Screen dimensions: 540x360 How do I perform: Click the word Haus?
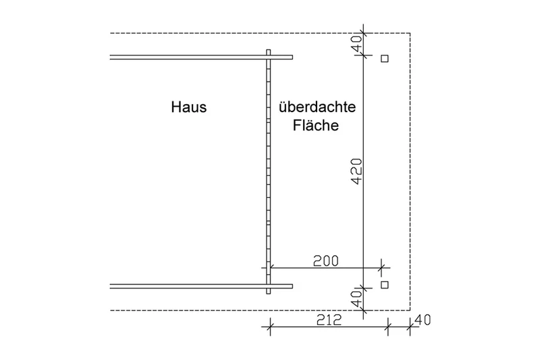[x=189, y=107]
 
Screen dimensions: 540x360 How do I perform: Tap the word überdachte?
[x=317, y=107]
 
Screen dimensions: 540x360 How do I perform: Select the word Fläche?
[x=316, y=125]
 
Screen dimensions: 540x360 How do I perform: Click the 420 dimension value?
[x=358, y=171]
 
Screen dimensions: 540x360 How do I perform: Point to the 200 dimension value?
[x=326, y=261]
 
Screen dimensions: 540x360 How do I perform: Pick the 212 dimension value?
[x=329, y=319]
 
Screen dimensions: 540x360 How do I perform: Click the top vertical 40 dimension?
[x=358, y=43]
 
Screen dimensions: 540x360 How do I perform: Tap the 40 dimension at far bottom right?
[x=423, y=320]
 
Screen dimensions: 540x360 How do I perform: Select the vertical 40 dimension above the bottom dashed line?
[x=358, y=299]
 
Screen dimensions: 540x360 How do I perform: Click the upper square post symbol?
[x=385, y=59]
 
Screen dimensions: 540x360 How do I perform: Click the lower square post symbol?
[x=385, y=284]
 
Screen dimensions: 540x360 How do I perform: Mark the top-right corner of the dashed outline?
[x=410, y=33]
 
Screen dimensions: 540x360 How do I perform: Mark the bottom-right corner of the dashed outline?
[x=410, y=310]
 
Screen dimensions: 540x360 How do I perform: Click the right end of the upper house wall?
[x=293, y=57]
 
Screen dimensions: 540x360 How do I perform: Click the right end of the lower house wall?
[x=293, y=286]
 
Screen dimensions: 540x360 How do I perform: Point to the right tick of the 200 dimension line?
[x=381, y=267]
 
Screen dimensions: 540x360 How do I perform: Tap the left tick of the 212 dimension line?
[x=271, y=327]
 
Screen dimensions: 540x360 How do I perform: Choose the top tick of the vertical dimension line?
[x=363, y=33]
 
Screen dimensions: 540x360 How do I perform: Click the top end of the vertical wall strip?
[x=268, y=49]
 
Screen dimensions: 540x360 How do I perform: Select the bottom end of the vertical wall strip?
[x=268, y=294]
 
